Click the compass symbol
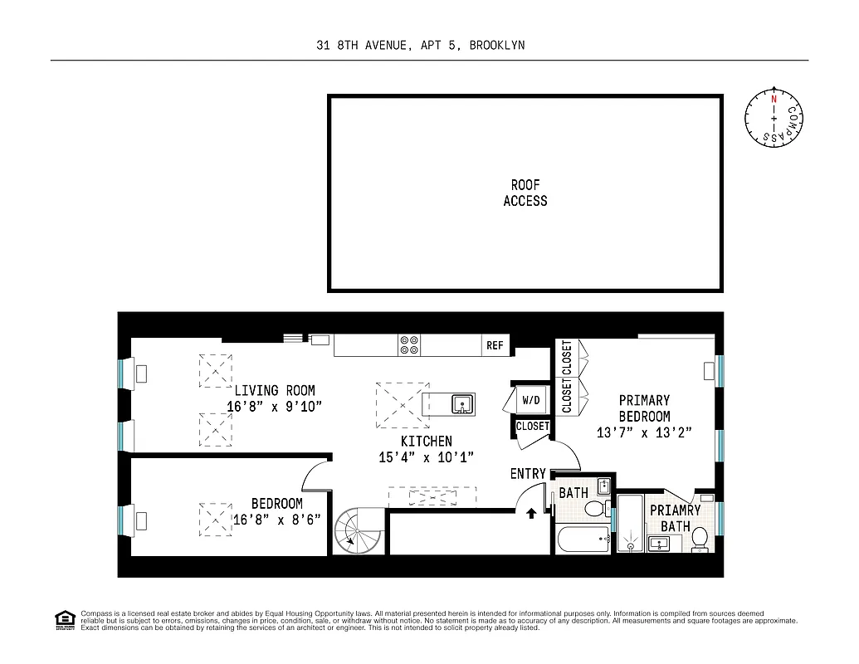(x=774, y=120)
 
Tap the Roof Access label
(x=525, y=193)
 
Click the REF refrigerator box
(x=495, y=345)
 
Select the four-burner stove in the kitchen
(x=409, y=345)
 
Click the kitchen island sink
(x=461, y=404)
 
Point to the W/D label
(x=531, y=401)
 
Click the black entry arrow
(x=531, y=514)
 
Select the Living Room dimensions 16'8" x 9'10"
(x=274, y=407)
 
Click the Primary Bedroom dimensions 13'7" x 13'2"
(x=644, y=432)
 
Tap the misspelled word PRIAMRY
(x=675, y=510)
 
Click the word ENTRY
(x=528, y=474)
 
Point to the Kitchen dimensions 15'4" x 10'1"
(x=427, y=457)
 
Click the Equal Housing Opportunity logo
(x=64, y=620)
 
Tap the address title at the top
(x=420, y=45)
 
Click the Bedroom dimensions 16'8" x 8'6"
(x=276, y=520)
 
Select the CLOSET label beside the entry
(x=532, y=427)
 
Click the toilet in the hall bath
(x=595, y=507)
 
